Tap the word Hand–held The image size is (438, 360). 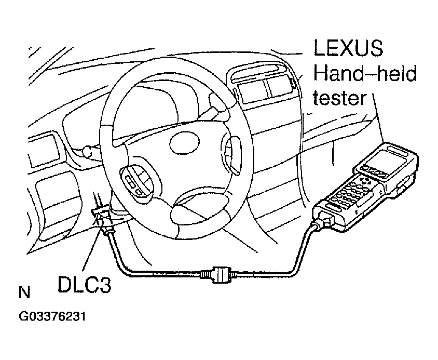[x=365, y=74]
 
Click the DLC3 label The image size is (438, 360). [x=85, y=285]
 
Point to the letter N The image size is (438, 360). [x=24, y=292]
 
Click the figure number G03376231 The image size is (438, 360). [x=52, y=317]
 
